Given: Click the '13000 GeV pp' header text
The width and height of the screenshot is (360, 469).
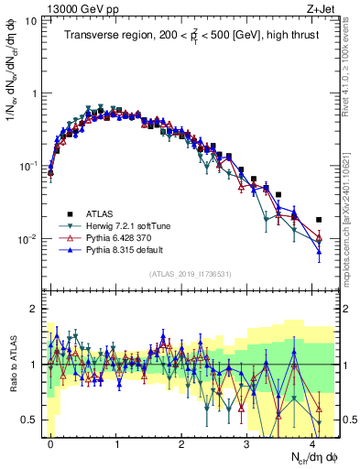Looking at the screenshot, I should click(82, 11).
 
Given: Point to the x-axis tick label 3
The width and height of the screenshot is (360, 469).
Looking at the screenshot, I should click(246, 442).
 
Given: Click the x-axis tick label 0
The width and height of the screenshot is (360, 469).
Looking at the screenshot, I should click(50, 442).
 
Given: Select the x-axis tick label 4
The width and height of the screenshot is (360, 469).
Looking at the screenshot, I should click(312, 442).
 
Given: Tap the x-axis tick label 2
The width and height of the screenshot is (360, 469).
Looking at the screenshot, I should click(181, 442).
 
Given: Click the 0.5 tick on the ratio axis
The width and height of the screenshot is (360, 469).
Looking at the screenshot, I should click(30, 420).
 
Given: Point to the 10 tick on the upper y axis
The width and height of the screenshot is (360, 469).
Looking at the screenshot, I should click(31, 19).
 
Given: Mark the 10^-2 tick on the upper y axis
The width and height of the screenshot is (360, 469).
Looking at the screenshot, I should click(28, 240).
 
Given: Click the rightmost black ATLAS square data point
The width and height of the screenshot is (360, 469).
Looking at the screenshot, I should click(319, 220).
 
